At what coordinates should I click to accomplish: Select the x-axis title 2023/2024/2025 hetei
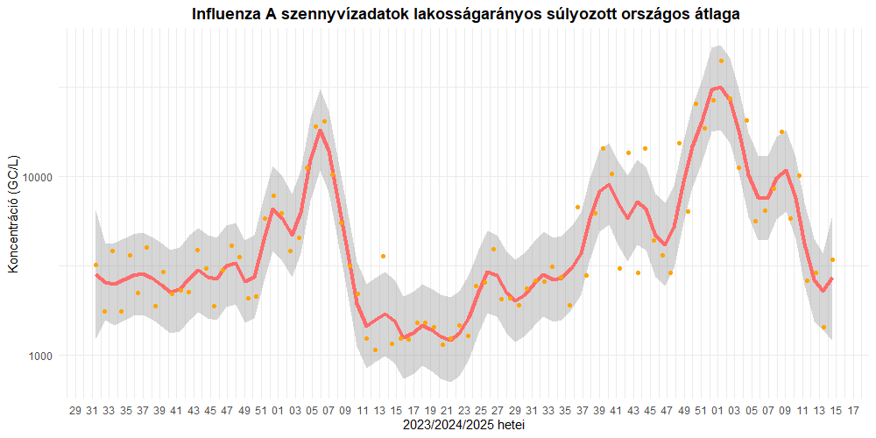(464, 424)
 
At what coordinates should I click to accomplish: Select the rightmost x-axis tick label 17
(853, 410)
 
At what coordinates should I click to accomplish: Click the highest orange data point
(721, 60)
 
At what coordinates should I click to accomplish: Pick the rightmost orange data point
(832, 259)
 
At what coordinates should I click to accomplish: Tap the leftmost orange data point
(95, 265)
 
